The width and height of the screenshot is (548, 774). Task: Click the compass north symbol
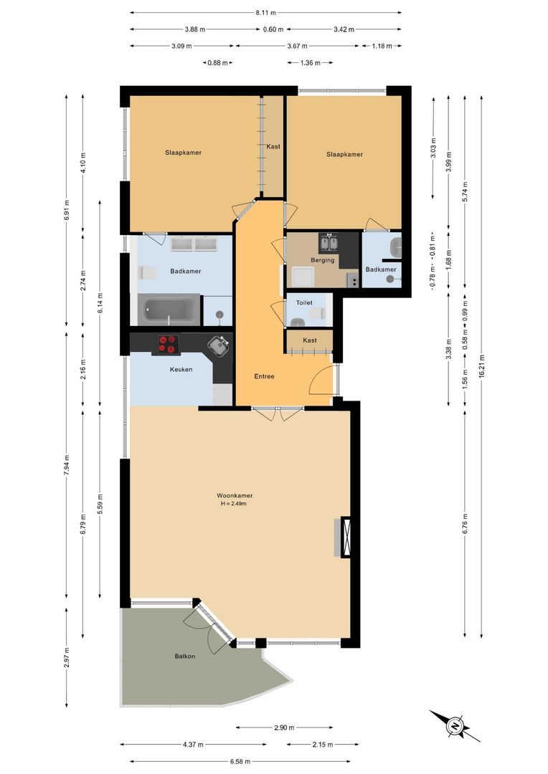(x=455, y=725)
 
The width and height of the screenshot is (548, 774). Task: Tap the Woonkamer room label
(x=235, y=495)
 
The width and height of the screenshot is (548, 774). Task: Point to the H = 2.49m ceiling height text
(x=235, y=504)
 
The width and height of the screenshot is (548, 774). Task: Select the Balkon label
(x=184, y=656)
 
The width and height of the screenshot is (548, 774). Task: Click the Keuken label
(x=181, y=370)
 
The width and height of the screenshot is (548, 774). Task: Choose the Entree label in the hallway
(x=264, y=376)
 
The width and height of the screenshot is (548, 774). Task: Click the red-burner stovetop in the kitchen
(x=167, y=344)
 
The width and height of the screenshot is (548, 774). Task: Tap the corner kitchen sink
(x=219, y=345)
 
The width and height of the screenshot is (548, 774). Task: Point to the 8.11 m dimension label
(x=265, y=13)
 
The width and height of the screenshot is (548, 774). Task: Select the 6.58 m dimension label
(x=241, y=762)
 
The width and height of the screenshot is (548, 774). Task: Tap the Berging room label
(x=322, y=260)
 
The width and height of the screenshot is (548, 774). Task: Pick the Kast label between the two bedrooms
(x=273, y=146)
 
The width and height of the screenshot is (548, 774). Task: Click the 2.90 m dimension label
(x=284, y=728)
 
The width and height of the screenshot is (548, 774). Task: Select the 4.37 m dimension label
(x=192, y=745)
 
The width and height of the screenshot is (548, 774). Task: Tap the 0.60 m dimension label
(x=273, y=29)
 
